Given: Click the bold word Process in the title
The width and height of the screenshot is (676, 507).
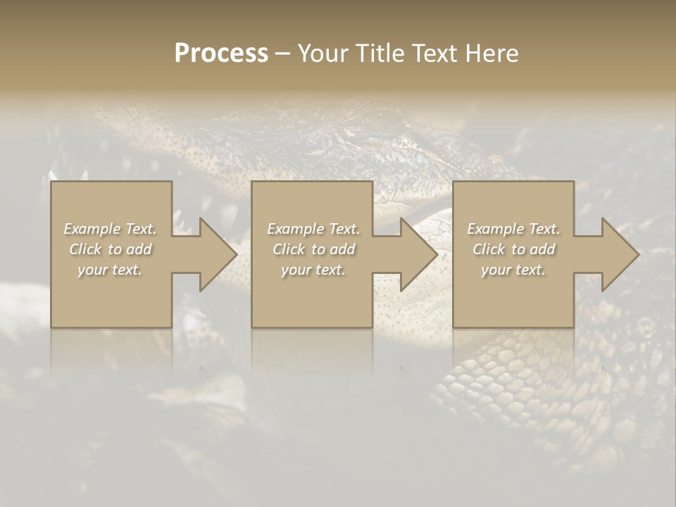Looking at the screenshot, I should point(221,54).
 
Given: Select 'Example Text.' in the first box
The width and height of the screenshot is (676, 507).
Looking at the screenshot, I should point(111,229).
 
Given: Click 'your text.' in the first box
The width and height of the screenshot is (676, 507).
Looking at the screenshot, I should point(111,270).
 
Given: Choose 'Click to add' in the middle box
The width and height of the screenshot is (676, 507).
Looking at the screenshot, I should point(313,249).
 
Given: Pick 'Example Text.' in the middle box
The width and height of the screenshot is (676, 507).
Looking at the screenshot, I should point(313,229).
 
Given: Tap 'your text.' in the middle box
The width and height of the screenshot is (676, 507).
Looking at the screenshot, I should point(313,270).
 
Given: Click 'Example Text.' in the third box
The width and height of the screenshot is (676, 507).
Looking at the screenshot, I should point(513,229).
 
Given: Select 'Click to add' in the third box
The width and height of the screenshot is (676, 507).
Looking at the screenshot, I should point(513,249).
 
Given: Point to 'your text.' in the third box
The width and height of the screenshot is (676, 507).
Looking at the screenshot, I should point(513,270).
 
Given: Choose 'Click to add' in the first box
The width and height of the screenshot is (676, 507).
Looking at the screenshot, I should point(111,249).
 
